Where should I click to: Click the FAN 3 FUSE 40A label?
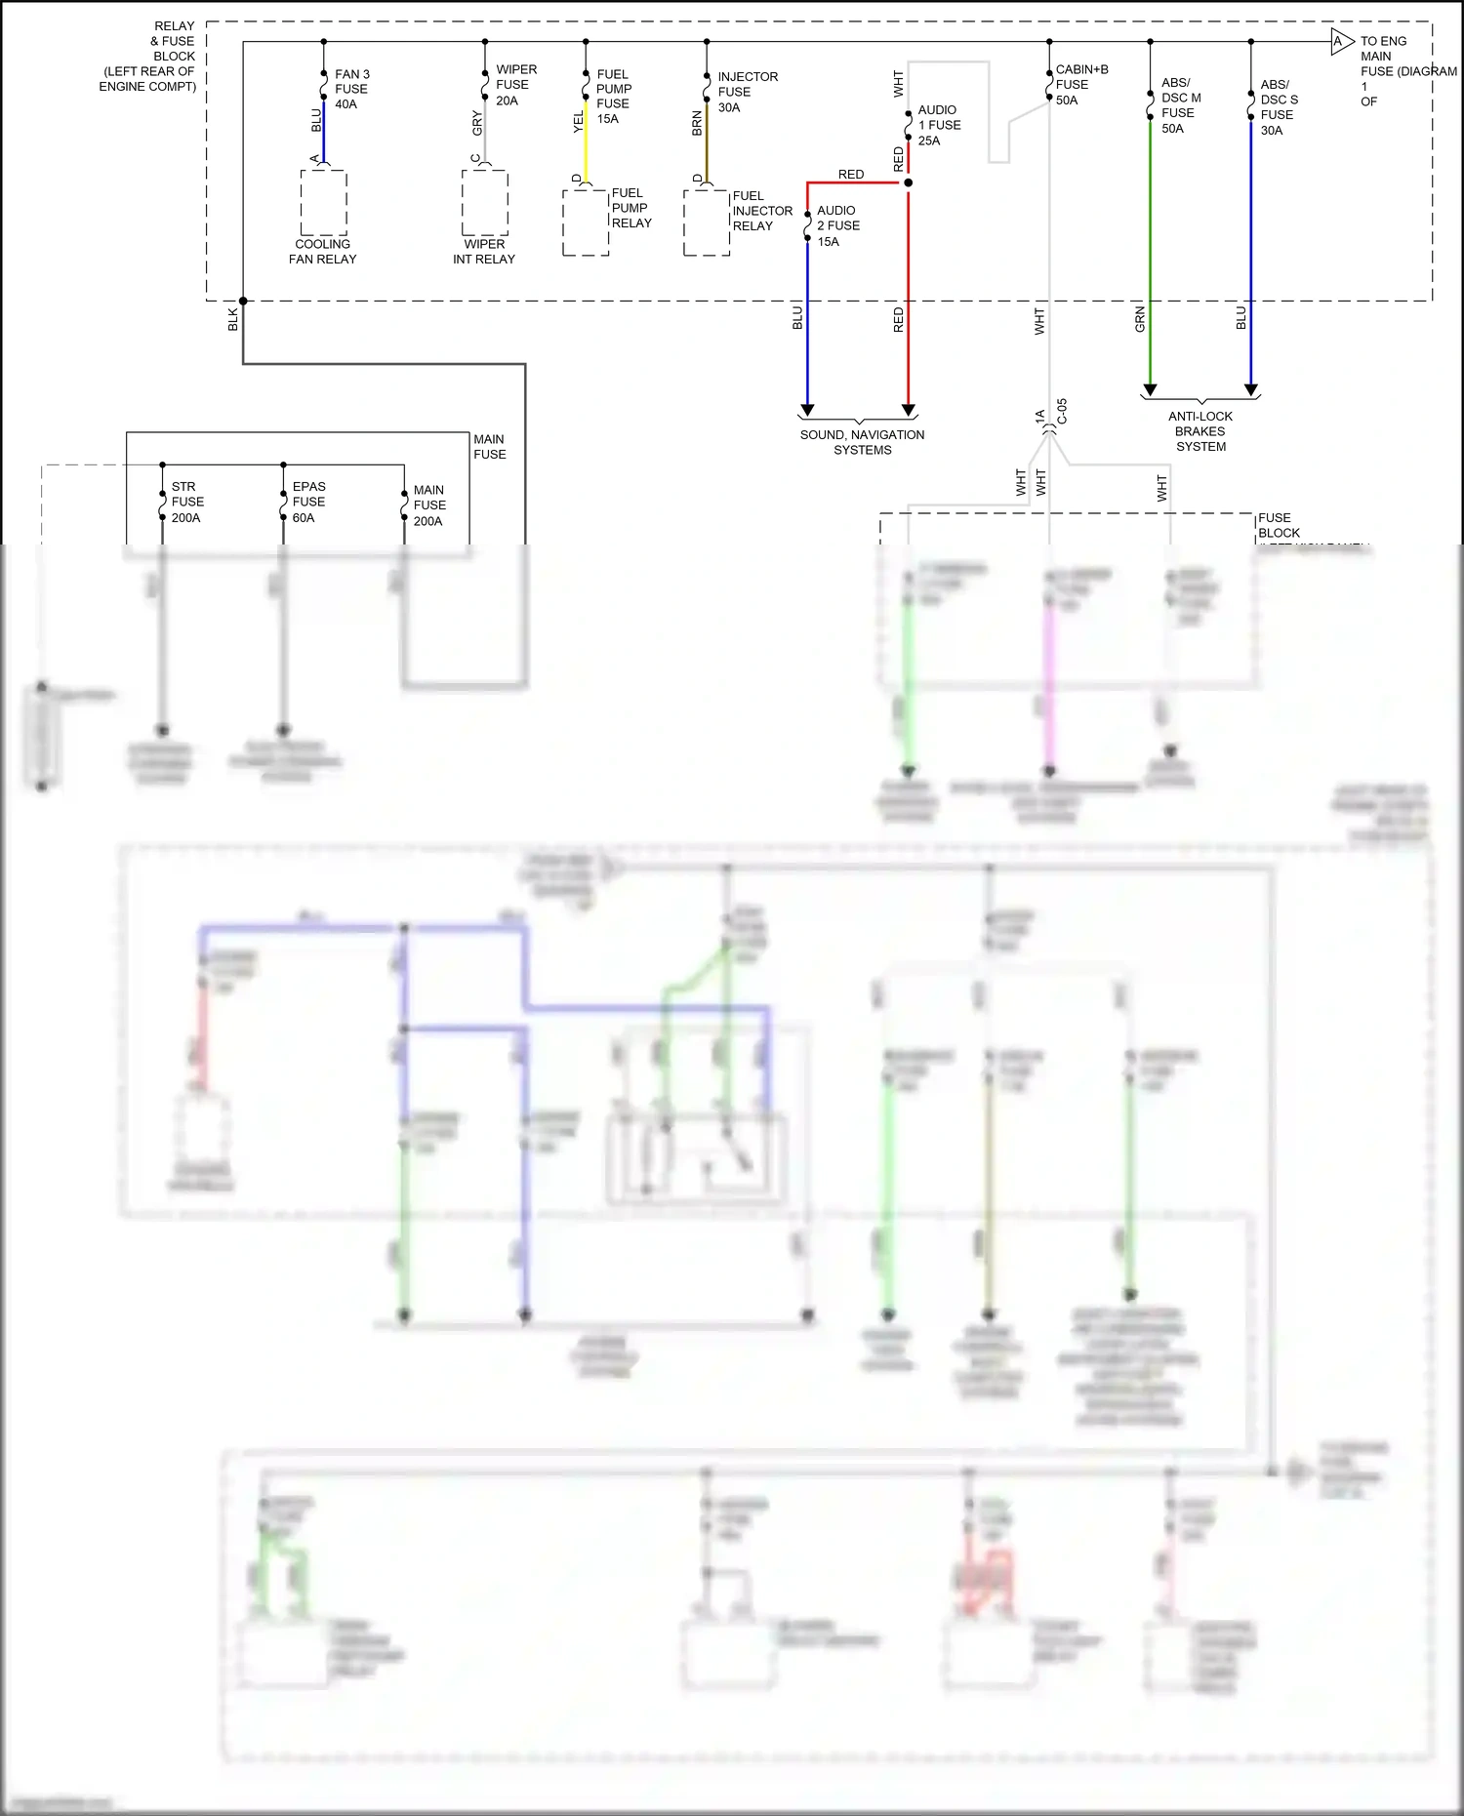351,89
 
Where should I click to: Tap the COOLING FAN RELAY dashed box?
323,202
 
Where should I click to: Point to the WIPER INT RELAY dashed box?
485,202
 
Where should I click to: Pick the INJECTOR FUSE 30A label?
747,92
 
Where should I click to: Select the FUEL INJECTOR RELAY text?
762,211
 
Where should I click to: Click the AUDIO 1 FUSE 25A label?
938,125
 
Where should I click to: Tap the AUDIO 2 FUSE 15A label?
837,225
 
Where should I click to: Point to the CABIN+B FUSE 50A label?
1080,85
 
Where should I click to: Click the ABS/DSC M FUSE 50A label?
1180,105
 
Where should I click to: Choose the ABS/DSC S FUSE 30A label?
1279,107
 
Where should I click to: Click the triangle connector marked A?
1341,42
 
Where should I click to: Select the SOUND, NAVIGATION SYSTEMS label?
862,442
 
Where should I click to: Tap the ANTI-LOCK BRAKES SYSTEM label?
1200,431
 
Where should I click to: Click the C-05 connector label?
1062,412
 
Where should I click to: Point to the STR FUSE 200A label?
187,502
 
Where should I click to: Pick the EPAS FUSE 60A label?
308,502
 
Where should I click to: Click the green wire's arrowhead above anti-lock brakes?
1150,390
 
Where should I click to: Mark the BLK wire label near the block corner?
232,319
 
